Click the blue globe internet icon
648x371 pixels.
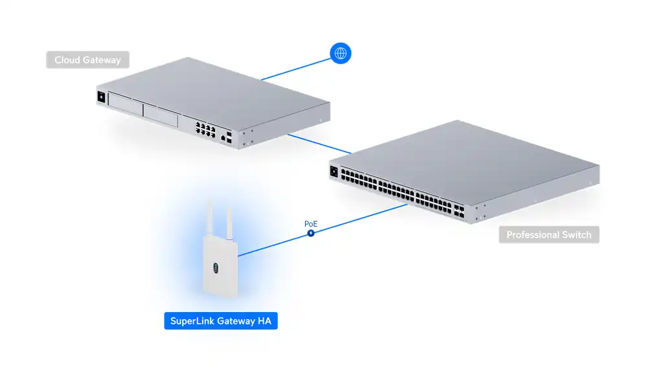click(340, 53)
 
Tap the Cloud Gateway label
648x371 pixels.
click(87, 60)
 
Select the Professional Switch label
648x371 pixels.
click(549, 234)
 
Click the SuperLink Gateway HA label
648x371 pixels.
click(221, 320)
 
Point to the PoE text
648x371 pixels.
click(311, 224)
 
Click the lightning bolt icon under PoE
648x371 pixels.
click(311, 233)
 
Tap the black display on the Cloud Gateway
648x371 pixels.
click(100, 98)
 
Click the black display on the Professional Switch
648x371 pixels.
click(335, 172)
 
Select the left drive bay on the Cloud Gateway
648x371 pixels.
click(126, 104)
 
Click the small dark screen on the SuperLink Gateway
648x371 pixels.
click(216, 266)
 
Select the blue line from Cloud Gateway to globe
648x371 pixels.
click(295, 69)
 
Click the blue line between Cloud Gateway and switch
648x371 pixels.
click(318, 144)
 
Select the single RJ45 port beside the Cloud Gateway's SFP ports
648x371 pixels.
click(224, 138)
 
